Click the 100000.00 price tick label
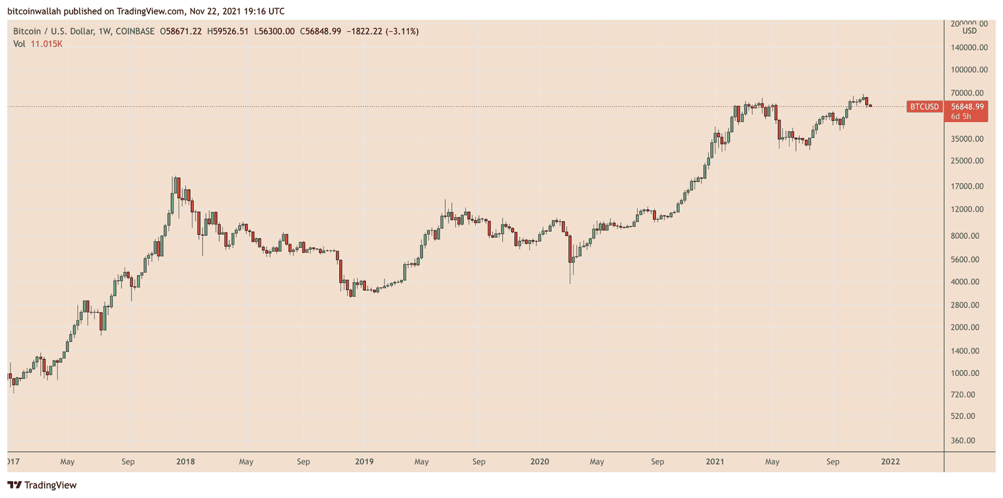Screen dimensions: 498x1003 [x=969, y=70]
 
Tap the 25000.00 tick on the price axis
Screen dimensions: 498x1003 [x=967, y=161]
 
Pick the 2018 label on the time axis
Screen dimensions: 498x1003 [x=186, y=462]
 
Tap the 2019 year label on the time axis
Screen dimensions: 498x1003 [x=364, y=462]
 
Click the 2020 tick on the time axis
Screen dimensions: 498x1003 [x=540, y=462]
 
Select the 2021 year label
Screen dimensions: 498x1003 [x=715, y=462]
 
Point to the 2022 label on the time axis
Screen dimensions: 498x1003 [x=890, y=462]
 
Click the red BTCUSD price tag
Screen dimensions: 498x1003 [x=925, y=107]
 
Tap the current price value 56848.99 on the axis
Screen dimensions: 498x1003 [x=967, y=107]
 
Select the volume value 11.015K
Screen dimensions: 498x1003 [x=46, y=44]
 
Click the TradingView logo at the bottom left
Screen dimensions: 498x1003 [x=42, y=485]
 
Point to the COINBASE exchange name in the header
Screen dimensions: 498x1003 [x=135, y=31]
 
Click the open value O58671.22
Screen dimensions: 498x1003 [x=181, y=31]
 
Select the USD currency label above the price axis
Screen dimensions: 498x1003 [x=969, y=31]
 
